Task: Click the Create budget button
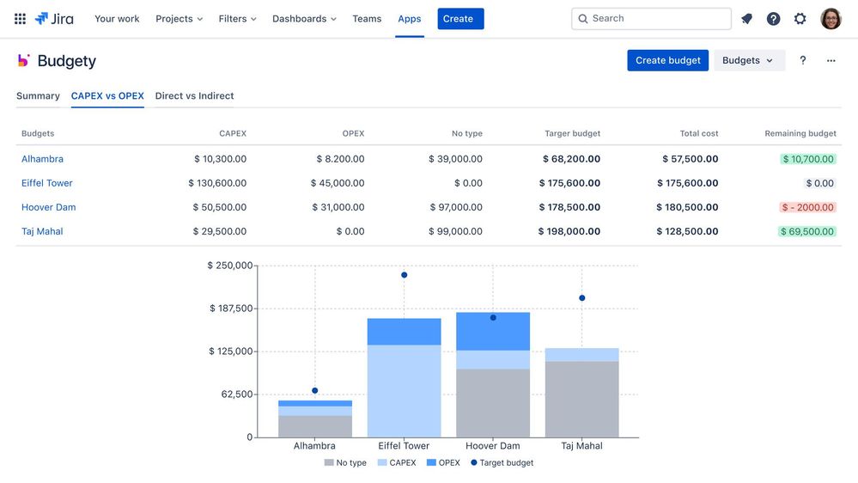pos(667,60)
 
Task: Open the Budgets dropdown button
pos(748,60)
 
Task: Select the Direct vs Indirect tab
pos(194,96)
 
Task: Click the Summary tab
pos(38,96)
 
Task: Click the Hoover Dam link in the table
pos(49,207)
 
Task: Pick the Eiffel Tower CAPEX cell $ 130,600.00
pos(217,183)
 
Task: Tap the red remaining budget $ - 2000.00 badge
pos(807,207)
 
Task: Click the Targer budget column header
pos(572,133)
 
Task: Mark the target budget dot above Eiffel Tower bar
pos(404,275)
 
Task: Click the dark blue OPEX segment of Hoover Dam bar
pos(493,332)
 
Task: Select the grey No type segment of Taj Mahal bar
pos(581,399)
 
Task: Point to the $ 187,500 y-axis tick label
pos(231,309)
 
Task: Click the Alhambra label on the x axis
pos(314,446)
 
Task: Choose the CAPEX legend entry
pos(397,463)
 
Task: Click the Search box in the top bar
pos(651,19)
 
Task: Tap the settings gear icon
pos(800,19)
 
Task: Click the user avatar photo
pos(831,19)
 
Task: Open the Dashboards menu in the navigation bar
pos(304,19)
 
